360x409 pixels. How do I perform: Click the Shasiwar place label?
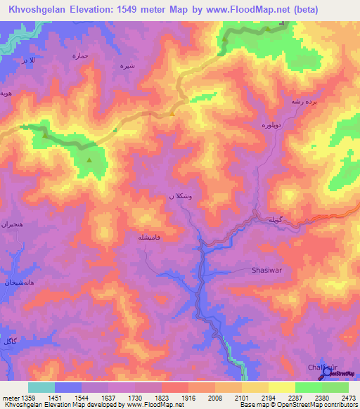pos(266,269)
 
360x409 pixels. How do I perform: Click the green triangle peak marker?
pos(89,160)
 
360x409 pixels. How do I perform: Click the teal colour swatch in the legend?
pos(41,387)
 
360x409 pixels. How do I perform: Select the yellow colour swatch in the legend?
pos(281,387)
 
